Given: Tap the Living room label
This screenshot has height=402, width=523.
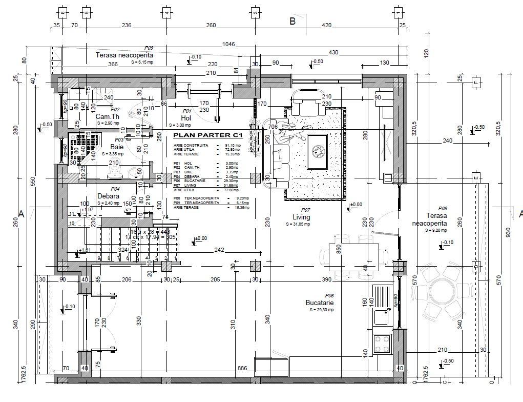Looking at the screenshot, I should click(x=302, y=217).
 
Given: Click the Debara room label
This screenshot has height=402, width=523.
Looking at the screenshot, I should click(x=109, y=196).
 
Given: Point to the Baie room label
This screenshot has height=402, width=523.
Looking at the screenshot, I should click(x=117, y=147).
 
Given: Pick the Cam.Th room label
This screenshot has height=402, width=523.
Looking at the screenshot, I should click(x=108, y=116).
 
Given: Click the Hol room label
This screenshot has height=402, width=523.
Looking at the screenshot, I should click(x=186, y=118).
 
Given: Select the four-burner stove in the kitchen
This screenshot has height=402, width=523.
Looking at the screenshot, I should click(x=381, y=344).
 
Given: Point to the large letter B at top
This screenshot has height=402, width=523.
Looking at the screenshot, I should click(x=292, y=22).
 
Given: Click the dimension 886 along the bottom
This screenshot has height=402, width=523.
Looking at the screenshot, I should click(x=243, y=368).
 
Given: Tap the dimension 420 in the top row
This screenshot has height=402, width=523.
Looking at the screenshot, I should click(x=326, y=25).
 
